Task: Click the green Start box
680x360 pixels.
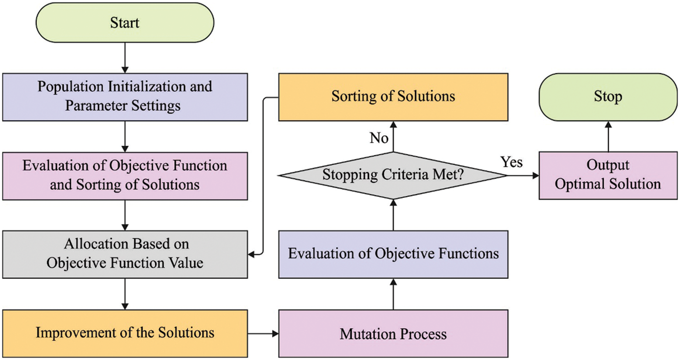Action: (125, 22)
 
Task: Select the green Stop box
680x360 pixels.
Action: (608, 96)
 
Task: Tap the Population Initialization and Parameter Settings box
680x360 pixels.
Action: (125, 96)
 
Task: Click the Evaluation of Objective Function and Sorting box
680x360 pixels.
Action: (125, 175)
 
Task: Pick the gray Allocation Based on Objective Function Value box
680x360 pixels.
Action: (125, 254)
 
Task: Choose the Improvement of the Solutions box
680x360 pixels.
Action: (125, 333)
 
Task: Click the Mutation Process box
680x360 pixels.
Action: (393, 333)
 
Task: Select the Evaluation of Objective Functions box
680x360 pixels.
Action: (393, 254)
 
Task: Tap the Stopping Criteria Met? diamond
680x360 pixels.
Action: (393, 175)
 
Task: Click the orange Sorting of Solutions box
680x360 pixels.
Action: (393, 96)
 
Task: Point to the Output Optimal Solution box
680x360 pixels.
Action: (608, 175)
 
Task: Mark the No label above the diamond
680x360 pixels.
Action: (379, 138)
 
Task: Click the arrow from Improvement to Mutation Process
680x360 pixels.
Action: (263, 333)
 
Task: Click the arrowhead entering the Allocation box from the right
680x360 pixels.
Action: (253, 254)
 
